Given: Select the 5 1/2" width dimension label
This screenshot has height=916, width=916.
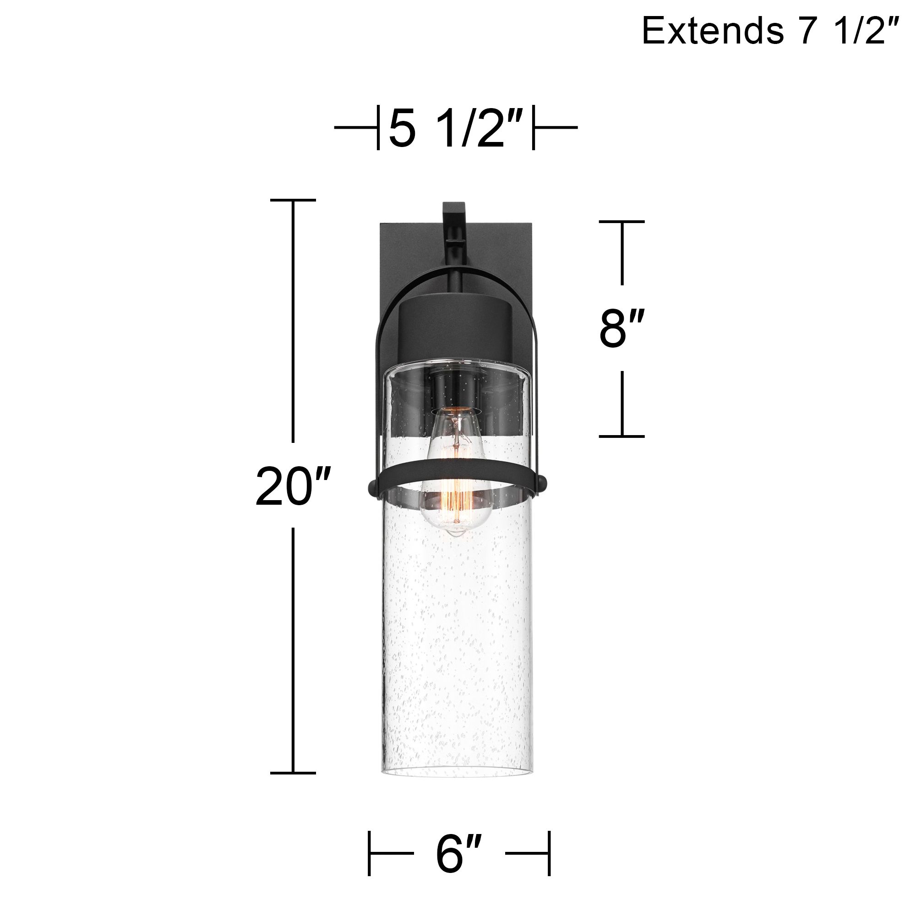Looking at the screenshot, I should (x=456, y=128).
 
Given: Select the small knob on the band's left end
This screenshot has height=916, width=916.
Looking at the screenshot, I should (x=373, y=486).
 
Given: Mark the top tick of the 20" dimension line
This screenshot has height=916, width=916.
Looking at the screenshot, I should (x=293, y=200).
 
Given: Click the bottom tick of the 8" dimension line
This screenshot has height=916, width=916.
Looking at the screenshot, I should (x=622, y=436).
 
